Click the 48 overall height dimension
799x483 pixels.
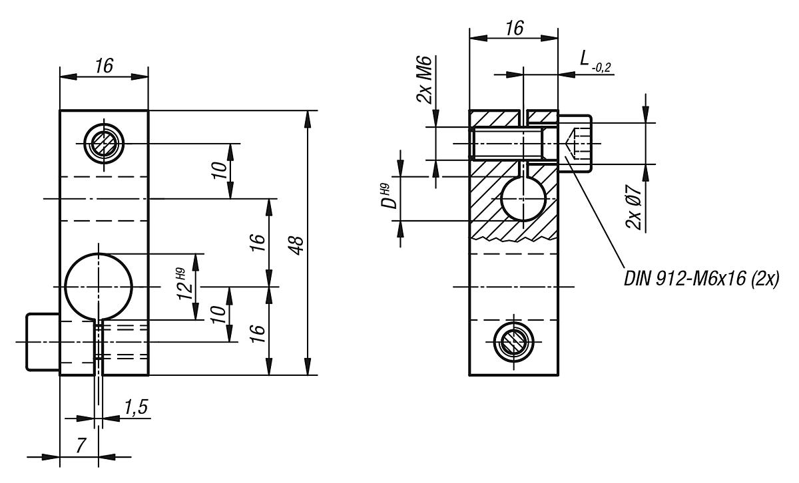(x=298, y=243)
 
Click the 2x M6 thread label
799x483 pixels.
(x=425, y=80)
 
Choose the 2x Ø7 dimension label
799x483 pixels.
(x=635, y=208)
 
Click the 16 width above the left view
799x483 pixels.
(x=103, y=65)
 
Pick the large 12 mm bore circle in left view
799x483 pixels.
(x=99, y=287)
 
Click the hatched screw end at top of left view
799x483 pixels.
(x=104, y=143)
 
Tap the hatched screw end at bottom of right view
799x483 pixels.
(x=513, y=342)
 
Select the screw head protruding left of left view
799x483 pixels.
(x=43, y=341)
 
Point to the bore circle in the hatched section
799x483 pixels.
(x=523, y=198)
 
